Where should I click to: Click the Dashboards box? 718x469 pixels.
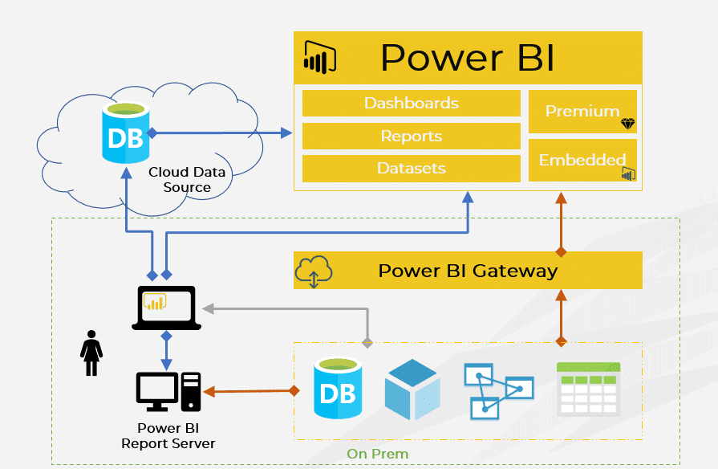[x=411, y=104]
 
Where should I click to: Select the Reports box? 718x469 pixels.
[x=411, y=136]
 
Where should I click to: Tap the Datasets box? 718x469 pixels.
[x=411, y=169]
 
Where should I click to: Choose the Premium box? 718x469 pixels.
[x=582, y=112]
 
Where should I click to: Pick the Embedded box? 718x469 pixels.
[x=582, y=160]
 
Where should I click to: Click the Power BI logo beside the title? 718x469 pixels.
[x=319, y=57]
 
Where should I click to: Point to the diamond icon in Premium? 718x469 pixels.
[x=627, y=124]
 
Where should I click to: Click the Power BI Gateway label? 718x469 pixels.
[x=468, y=271]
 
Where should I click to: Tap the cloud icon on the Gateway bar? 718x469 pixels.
[x=314, y=271]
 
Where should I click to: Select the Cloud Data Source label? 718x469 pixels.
[x=186, y=180]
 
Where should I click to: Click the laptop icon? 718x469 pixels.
[x=166, y=308]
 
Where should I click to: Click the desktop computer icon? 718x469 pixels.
[x=168, y=392]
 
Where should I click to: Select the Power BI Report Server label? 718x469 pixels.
[x=168, y=435]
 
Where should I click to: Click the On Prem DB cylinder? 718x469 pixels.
[x=338, y=389]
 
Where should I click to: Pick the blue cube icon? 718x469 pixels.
[x=412, y=389]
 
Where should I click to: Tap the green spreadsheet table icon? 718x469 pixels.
[x=588, y=389]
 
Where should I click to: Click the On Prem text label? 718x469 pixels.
[x=377, y=454]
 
